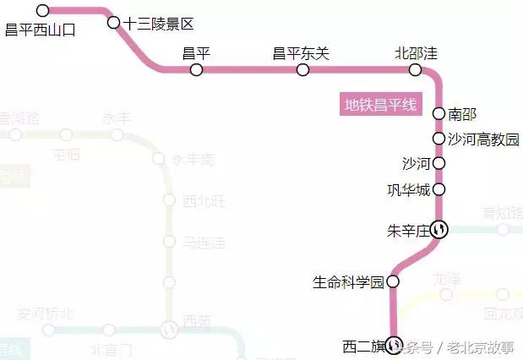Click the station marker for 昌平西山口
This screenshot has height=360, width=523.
click(43, 11)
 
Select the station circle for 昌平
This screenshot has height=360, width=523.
click(196, 69)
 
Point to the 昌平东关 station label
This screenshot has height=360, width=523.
click(301, 54)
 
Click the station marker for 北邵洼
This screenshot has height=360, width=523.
click(415, 69)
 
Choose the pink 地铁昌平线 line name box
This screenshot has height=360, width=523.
click(380, 106)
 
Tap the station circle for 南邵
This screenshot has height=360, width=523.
click(439, 114)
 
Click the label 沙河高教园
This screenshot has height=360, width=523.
click(482, 139)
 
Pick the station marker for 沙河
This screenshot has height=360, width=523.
click(439, 163)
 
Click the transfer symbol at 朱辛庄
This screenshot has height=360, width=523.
click(439, 228)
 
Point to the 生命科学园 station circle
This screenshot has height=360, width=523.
click(393, 281)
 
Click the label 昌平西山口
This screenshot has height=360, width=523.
click(41, 30)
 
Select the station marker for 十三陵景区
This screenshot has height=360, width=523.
click(114, 22)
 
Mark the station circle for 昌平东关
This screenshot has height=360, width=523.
click(302, 69)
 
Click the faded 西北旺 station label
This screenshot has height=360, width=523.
click(204, 201)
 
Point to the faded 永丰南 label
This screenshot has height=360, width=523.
click(193, 159)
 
